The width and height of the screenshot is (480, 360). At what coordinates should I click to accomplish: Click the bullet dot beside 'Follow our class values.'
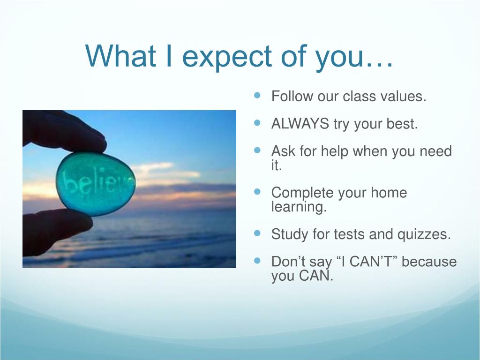click(257, 95)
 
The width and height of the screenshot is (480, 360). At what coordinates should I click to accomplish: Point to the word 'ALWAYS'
click(300, 124)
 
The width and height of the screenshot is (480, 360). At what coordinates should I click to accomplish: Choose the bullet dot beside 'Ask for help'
click(257, 150)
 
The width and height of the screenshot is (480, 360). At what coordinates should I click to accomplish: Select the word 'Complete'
click(302, 193)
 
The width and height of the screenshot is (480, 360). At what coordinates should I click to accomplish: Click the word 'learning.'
click(299, 207)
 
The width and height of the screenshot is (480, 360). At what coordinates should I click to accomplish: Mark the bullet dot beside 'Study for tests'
click(257, 233)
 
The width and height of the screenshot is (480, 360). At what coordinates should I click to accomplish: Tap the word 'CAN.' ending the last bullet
click(316, 276)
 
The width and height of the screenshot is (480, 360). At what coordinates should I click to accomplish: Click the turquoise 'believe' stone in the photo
click(96, 184)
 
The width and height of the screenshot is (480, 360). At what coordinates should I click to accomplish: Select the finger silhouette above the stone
click(61, 131)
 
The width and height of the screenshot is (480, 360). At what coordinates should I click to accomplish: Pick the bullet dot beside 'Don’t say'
click(257, 261)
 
